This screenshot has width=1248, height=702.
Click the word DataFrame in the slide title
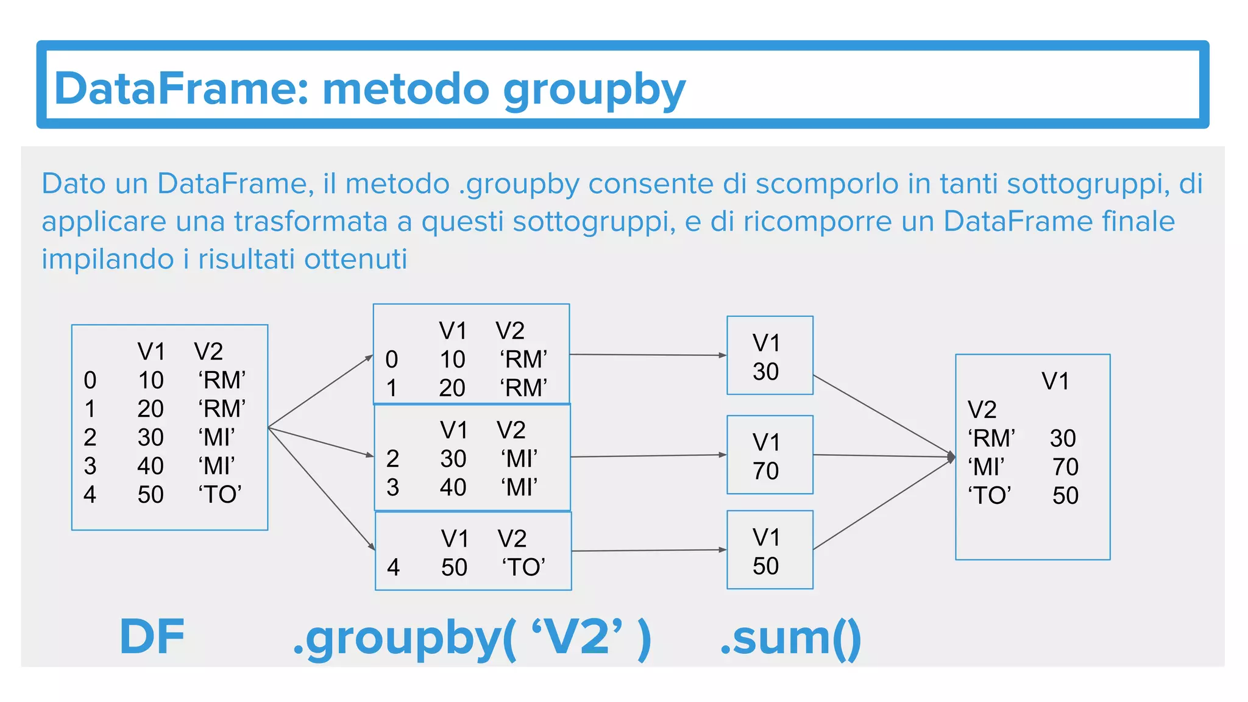(180, 89)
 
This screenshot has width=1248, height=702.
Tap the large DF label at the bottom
(152, 637)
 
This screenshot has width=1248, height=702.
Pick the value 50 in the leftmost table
(151, 494)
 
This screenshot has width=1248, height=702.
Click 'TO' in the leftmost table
(220, 494)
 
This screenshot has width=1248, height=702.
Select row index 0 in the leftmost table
(90, 380)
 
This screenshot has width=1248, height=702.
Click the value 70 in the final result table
(1065, 467)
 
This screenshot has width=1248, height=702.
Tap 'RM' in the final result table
(991, 438)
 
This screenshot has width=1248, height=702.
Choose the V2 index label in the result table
(982, 409)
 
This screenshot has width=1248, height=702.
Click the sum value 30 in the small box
(766, 372)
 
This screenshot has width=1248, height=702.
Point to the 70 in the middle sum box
(766, 470)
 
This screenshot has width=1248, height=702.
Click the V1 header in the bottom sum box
(766, 537)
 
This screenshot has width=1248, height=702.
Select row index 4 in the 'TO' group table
(394, 567)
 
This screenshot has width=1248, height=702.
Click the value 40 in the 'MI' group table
(453, 487)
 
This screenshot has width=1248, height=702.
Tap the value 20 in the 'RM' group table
(452, 388)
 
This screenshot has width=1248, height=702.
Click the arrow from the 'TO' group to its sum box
(649, 550)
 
